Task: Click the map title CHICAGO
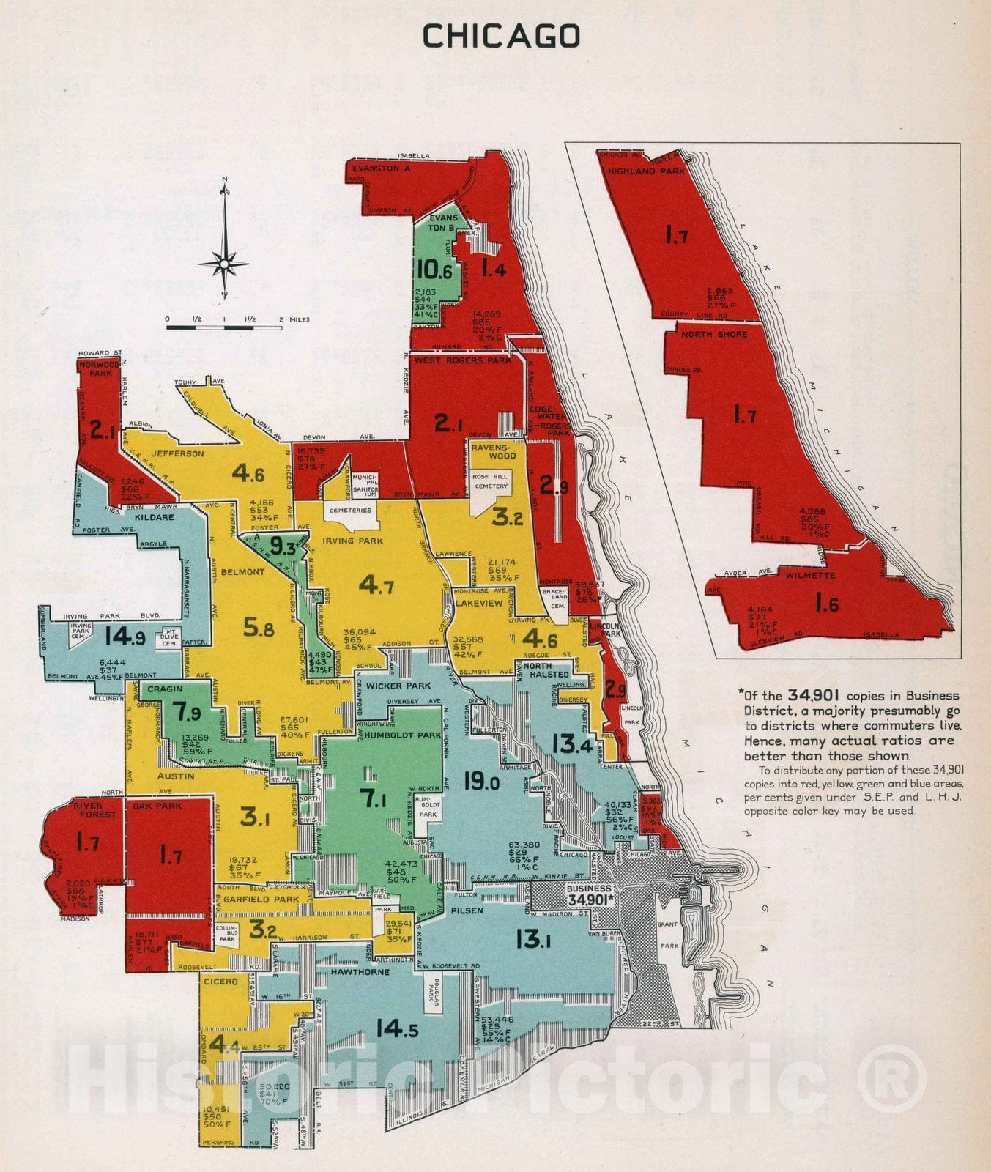[x=501, y=35]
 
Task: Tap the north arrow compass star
[x=224, y=262]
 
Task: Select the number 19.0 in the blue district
[x=481, y=782]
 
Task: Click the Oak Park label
[x=158, y=806]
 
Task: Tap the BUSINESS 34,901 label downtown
[x=589, y=894]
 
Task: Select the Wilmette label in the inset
[x=810, y=575]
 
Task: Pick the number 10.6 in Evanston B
[x=434, y=270]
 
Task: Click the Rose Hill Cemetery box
[x=490, y=481]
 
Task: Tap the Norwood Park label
[x=100, y=368]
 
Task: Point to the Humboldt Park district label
[x=398, y=735]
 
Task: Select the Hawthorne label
[x=360, y=972]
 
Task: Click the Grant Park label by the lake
[x=667, y=935]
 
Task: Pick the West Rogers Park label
[x=462, y=360]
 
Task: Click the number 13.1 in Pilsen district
[x=533, y=938]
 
